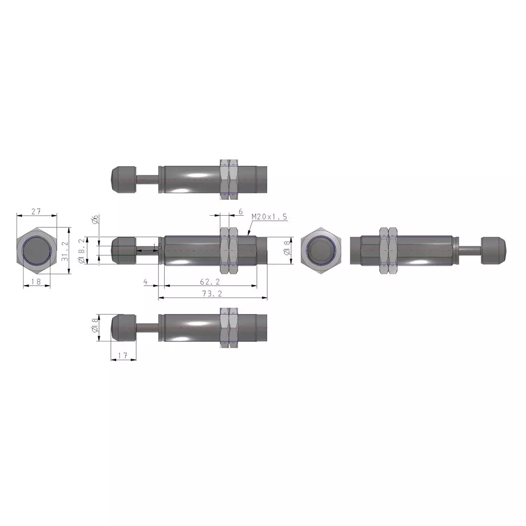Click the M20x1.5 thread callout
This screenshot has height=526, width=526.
269,217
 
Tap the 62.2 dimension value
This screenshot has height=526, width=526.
212,281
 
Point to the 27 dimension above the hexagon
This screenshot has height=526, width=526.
36,211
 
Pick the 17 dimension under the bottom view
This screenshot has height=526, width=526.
123,356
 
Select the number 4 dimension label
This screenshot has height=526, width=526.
145,281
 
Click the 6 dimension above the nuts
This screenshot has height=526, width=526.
240,211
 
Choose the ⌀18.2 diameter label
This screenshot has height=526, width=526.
82,251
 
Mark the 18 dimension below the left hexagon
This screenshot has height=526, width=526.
36,282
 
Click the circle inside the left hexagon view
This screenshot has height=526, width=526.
36,250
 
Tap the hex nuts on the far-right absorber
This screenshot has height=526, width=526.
390,250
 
